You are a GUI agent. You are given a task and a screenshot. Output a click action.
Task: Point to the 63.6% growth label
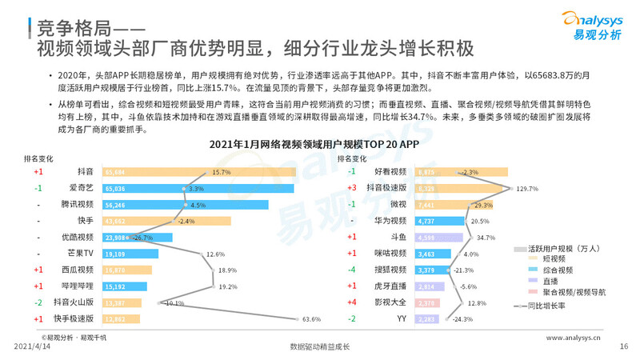[311, 319]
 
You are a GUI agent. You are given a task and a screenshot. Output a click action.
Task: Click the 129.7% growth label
[527, 189]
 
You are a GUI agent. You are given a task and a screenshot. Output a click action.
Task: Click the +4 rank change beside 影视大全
[351, 303]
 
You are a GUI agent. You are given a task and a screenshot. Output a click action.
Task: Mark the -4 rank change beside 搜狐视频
[351, 270]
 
